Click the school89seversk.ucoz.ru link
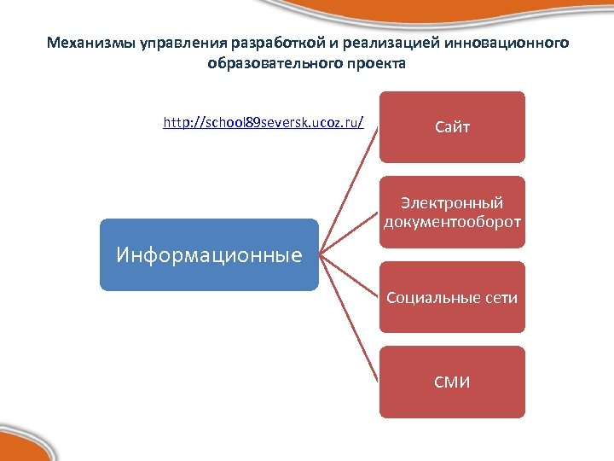264,123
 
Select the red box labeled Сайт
452,127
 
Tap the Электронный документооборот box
452,213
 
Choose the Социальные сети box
452,298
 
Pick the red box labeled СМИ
452,382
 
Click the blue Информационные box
209,254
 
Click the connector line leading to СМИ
350,320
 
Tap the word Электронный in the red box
452,203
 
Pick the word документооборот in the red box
452,222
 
